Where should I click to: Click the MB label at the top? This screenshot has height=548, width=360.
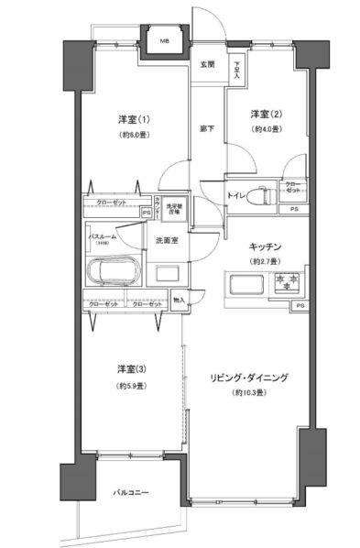(165, 41)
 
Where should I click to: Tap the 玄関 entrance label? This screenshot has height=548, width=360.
(207, 65)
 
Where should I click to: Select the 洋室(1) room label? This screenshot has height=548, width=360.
(133, 121)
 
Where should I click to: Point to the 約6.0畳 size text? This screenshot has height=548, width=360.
(133, 135)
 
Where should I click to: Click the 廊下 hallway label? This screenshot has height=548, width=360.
(207, 129)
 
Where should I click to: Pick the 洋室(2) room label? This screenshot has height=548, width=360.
(267, 114)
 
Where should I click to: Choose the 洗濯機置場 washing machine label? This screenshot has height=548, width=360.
(174, 209)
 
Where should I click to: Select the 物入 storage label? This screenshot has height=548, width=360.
(179, 300)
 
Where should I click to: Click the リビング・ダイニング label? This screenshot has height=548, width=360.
(248, 378)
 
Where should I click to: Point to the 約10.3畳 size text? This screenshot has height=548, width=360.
(248, 392)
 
